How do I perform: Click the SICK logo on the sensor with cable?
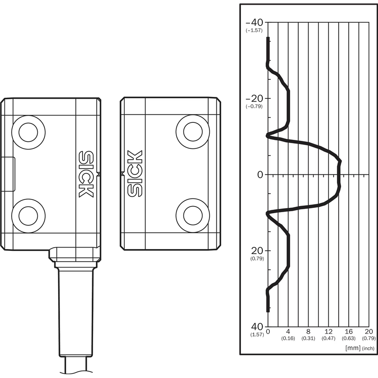[86, 174]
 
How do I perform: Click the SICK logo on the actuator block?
[135, 173]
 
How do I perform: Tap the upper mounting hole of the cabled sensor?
[28, 132]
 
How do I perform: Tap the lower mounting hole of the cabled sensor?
[28, 216]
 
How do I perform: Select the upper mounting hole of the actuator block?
[193, 132]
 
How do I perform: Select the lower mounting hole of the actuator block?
[193, 215]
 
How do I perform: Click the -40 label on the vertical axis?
[254, 23]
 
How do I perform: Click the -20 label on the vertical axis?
[254, 99]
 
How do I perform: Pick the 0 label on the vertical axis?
[260, 174]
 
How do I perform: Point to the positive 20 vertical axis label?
[257, 251]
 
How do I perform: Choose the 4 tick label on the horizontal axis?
[288, 332]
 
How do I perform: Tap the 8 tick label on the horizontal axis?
[309, 332]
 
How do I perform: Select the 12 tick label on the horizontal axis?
[328, 332]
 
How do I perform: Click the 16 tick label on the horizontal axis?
[349, 332]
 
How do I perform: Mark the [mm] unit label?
[353, 348]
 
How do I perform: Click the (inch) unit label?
[368, 348]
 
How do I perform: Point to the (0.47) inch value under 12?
[328, 338]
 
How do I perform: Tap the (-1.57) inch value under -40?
[254, 30]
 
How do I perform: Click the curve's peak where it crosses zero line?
[339, 174]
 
